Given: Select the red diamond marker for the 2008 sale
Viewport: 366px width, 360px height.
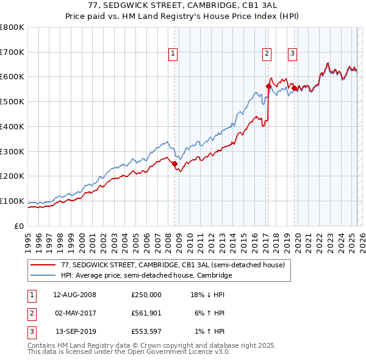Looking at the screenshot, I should [174, 164].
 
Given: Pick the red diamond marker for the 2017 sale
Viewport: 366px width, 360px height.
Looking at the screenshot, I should [268, 87].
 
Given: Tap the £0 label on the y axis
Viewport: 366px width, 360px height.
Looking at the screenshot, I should [20, 226].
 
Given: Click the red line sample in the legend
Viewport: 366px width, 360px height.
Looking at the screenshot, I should [43, 265].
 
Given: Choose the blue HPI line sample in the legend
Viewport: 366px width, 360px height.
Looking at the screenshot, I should [43, 276].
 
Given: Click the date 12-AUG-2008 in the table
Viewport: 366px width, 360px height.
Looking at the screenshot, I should [74, 294].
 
